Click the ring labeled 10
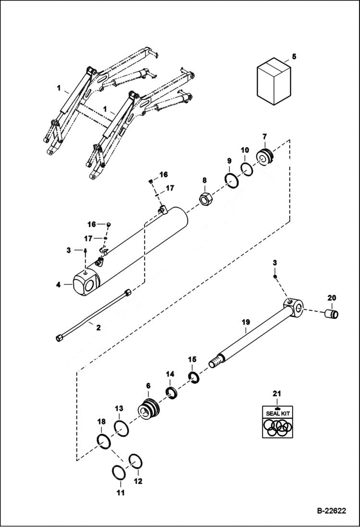coord(247,170)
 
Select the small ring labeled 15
coord(194,378)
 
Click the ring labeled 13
coord(122,428)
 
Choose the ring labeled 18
coord(104,441)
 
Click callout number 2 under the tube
coord(98,328)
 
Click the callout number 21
coord(276,393)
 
